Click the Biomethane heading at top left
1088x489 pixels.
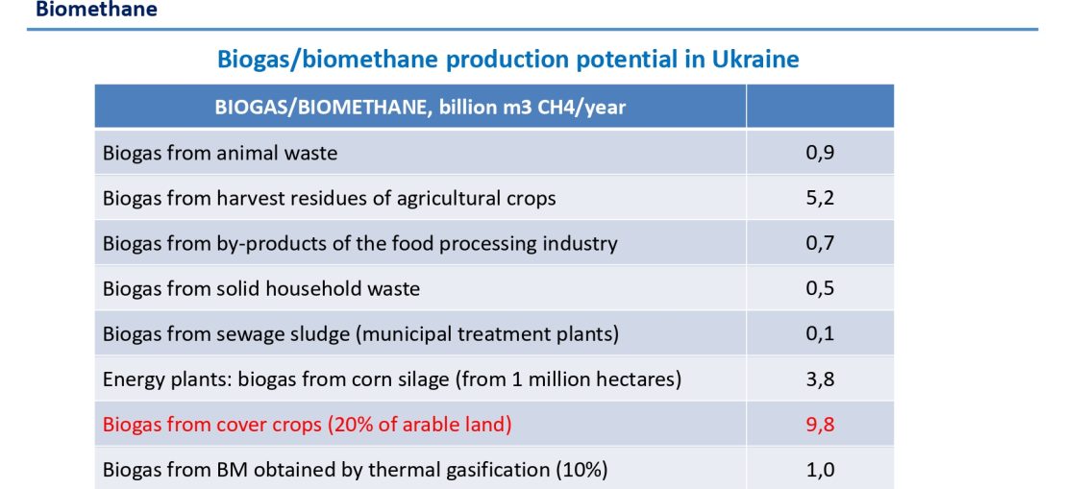(96, 9)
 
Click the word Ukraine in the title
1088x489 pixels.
(755, 59)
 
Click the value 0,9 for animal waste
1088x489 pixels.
(820, 154)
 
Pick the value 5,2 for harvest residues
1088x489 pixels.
(820, 198)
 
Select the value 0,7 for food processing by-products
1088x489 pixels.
(820, 244)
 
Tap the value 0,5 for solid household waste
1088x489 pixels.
(820, 289)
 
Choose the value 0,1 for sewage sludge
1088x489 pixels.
(820, 334)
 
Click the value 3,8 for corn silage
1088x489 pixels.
(820, 380)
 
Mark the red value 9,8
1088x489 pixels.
(820, 425)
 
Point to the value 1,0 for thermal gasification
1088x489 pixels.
(820, 471)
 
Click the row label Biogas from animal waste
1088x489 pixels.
(220, 153)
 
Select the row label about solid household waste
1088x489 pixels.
(260, 288)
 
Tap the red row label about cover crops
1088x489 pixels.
(307, 425)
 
